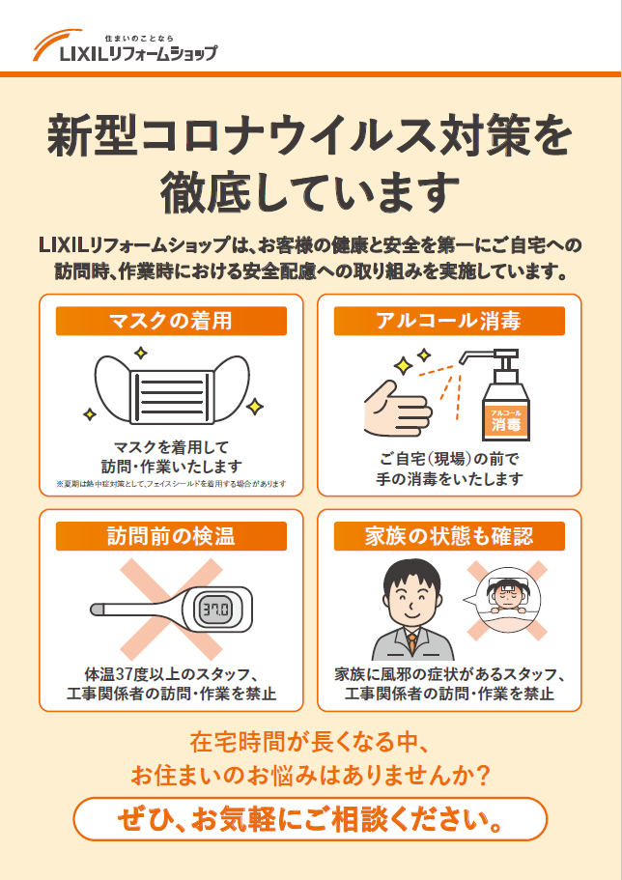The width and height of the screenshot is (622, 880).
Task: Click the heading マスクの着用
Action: pyautogui.click(x=171, y=321)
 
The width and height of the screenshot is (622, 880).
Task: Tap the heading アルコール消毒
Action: pyautogui.click(x=449, y=321)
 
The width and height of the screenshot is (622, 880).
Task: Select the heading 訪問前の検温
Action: pyautogui.click(x=171, y=536)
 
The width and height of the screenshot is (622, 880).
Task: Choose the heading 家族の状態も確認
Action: pyautogui.click(x=449, y=536)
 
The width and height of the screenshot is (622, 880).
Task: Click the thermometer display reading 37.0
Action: pyautogui.click(x=214, y=610)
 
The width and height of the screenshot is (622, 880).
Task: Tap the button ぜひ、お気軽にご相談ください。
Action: pyautogui.click(x=310, y=821)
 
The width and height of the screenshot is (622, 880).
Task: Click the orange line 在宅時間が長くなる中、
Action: pyautogui.click(x=310, y=743)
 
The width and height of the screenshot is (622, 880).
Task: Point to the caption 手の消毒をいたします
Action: pyautogui.click(x=449, y=478)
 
